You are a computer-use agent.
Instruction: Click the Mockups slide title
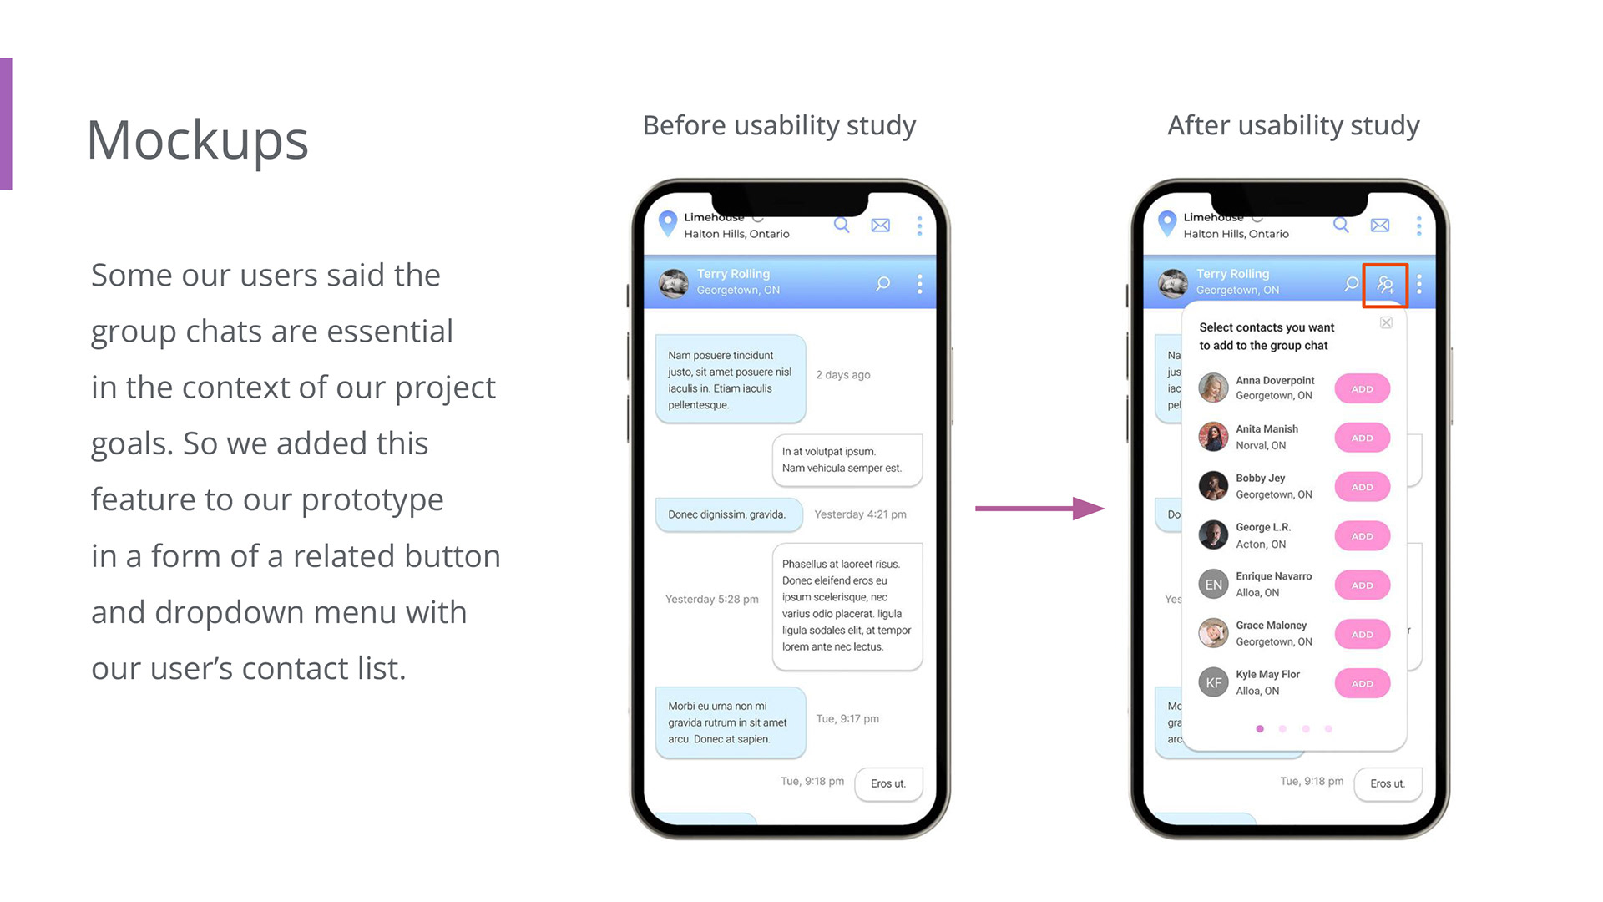[x=198, y=140]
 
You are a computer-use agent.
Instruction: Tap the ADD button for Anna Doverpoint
[x=1362, y=388]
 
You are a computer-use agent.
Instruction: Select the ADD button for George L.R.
[x=1362, y=536]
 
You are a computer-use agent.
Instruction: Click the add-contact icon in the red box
[x=1385, y=286]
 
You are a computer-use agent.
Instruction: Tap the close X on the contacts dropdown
[x=1386, y=322]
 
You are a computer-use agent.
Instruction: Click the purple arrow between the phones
[x=1039, y=508]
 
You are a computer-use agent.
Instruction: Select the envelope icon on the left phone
[x=880, y=225]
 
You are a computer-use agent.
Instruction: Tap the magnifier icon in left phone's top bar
[x=842, y=225]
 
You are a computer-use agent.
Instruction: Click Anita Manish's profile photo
[x=1213, y=437]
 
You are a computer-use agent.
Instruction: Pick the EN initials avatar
[x=1213, y=585]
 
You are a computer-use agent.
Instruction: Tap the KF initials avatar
[x=1213, y=683]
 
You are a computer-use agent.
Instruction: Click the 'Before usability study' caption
[x=779, y=125]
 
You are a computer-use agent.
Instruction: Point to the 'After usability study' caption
[x=1293, y=125]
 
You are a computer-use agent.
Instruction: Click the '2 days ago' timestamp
[x=842, y=375]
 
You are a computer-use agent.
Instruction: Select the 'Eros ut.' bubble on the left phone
[x=888, y=783]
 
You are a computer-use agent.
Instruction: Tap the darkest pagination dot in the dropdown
[x=1260, y=729]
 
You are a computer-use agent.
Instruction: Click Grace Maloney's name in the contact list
[x=1271, y=625]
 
